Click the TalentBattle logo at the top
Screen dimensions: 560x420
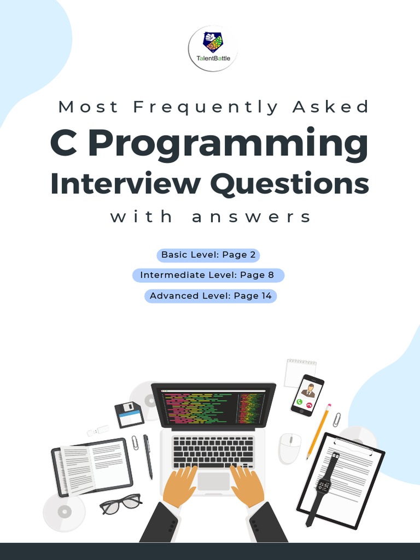[213, 48]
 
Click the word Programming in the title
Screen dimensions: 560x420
[228, 143]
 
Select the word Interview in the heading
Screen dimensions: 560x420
[125, 184]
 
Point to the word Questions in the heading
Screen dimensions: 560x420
[289, 184]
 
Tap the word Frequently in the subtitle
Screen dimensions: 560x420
[206, 107]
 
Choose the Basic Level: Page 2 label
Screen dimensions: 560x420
[208, 255]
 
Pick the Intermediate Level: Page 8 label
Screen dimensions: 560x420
[207, 275]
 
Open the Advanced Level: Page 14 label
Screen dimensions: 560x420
[211, 296]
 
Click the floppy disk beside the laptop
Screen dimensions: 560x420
[129, 414]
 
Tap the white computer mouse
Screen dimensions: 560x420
[289, 448]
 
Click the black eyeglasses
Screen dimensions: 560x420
[120, 503]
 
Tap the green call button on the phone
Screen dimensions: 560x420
[299, 401]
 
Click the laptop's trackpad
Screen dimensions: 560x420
[214, 481]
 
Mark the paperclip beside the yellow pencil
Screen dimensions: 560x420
[337, 419]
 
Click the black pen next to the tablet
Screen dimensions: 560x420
[148, 456]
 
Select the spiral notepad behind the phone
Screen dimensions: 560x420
[300, 372]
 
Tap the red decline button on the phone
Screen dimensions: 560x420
[310, 405]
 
